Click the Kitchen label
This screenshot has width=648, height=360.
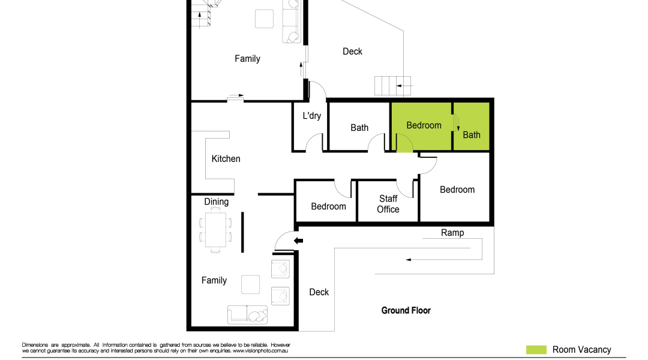(x=226, y=159)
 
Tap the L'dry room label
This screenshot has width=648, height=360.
(x=311, y=116)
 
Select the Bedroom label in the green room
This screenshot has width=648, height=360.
(x=424, y=125)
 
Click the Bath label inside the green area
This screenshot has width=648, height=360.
(x=472, y=135)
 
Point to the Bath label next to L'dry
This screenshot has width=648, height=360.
(x=359, y=128)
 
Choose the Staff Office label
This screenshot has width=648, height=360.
(x=388, y=204)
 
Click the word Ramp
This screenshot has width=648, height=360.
(x=452, y=233)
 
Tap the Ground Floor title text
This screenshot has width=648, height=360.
(x=406, y=311)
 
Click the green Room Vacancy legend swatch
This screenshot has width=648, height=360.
(x=536, y=350)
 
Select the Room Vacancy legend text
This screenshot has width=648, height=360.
(x=581, y=350)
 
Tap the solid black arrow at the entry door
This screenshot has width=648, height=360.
(x=298, y=241)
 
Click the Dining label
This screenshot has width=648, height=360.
(x=216, y=202)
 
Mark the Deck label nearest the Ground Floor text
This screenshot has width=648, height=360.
(x=319, y=292)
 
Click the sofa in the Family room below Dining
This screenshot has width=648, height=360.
(x=248, y=315)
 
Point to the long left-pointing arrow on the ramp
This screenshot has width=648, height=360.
(x=444, y=260)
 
